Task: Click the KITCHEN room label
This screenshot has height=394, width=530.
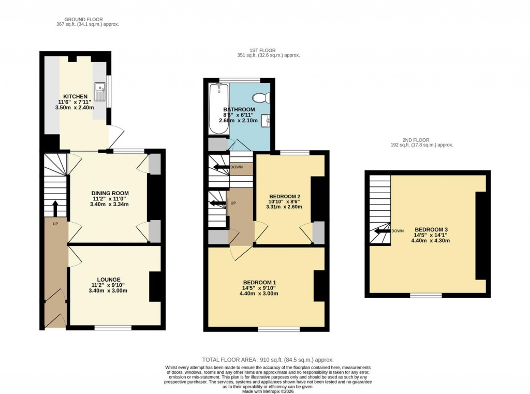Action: [76, 97]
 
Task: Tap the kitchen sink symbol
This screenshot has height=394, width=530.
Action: [99, 92]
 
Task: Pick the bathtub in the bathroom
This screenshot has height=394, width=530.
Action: [217, 109]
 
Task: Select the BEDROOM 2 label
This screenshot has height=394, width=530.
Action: [285, 196]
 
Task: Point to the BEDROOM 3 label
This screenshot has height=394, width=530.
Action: [431, 230]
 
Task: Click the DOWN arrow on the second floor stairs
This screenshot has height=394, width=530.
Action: [382, 231]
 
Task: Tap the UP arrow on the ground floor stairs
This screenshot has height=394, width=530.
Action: [55, 207]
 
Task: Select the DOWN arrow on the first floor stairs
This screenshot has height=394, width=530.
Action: [221, 167]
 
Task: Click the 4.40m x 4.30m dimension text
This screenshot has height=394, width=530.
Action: [431, 241]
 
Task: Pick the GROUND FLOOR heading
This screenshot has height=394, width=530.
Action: [80, 20]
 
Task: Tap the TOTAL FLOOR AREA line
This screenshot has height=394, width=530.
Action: [268, 359]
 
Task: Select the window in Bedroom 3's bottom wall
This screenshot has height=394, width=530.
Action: [426, 296]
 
